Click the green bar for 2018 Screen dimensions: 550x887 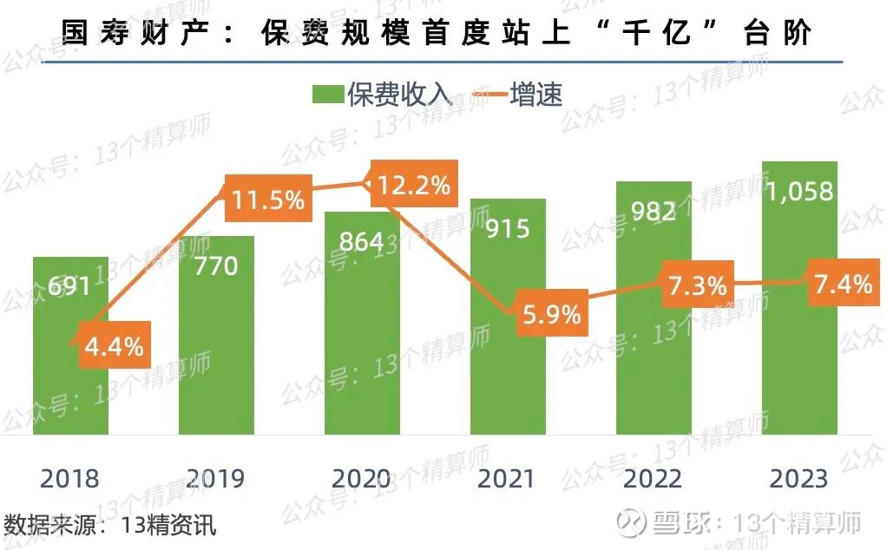(70, 382)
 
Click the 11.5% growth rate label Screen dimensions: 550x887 (268, 200)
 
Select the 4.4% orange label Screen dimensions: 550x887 (114, 346)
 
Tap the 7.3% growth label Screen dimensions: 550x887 (697, 285)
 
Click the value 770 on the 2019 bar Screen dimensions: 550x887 (216, 265)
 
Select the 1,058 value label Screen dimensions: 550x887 (799, 192)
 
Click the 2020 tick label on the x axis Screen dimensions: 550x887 (361, 478)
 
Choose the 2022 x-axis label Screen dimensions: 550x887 (654, 478)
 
